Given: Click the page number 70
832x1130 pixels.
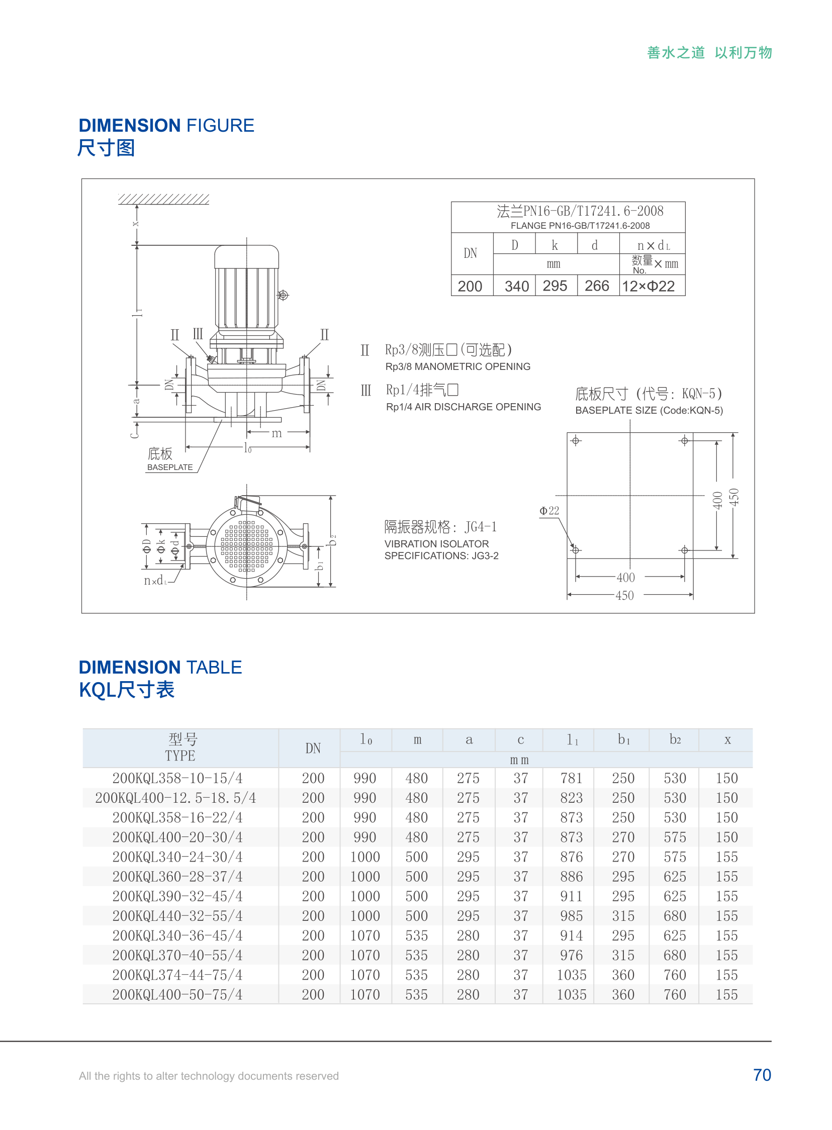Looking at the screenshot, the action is coord(762,1075).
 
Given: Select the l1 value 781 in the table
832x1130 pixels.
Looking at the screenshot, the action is coord(571,778).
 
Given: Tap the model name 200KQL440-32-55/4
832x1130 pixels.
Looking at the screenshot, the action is coord(177,915).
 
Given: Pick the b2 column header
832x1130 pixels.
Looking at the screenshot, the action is coord(675,739).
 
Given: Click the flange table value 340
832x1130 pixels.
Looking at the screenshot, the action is coord(516,286).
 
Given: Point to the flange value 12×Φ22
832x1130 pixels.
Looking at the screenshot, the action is coord(648,286).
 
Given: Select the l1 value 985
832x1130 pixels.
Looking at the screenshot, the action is coord(571,915).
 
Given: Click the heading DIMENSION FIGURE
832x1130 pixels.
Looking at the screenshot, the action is coord(166,125).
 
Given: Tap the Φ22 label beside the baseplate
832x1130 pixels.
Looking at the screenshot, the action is coord(549,511).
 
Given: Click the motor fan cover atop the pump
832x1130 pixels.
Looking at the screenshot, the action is coord(246,256).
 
